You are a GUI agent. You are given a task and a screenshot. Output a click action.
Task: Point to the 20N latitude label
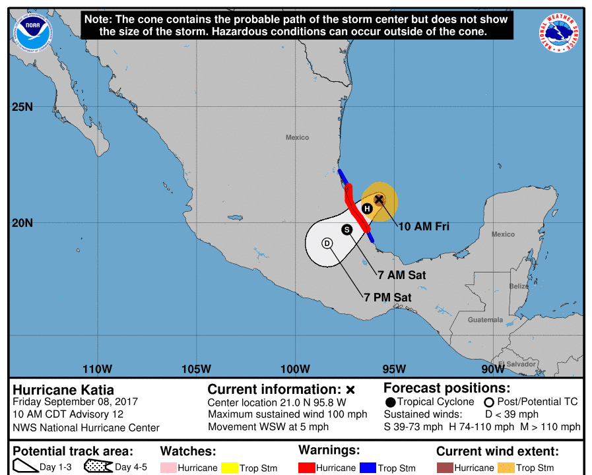click(x=22, y=222)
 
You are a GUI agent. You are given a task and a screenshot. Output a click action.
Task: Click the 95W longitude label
click(x=394, y=369)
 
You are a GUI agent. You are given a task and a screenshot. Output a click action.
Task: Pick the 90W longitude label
click(x=492, y=369)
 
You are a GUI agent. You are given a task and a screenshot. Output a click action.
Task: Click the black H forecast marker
click(x=368, y=208)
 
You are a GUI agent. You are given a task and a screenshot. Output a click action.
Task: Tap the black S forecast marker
click(x=346, y=229)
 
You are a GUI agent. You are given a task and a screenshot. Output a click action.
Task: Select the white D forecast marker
click(x=327, y=243)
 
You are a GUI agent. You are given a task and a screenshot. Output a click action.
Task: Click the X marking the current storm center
click(x=379, y=199)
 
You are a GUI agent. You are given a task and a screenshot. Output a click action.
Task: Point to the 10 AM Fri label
click(x=424, y=227)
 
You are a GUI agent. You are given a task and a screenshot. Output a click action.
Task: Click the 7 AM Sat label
click(x=401, y=274)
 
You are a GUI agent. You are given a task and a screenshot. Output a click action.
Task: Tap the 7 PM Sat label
click(x=388, y=298)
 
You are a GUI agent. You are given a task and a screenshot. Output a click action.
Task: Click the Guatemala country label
click(x=485, y=320)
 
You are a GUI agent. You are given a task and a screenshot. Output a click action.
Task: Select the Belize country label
click(x=519, y=286)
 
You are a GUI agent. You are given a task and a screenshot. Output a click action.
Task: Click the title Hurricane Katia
click(x=63, y=390)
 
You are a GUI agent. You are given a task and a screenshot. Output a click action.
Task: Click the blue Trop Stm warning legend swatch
click(x=368, y=468)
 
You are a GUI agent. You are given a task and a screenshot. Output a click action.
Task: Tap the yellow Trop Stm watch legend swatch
click(x=229, y=468)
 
